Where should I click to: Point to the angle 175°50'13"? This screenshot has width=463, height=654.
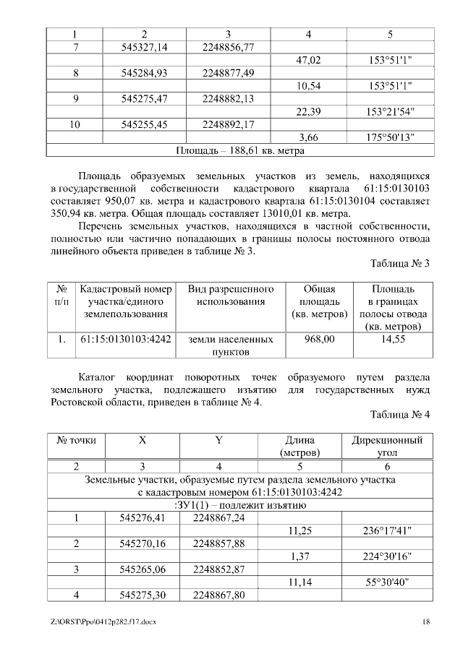pos(391,137)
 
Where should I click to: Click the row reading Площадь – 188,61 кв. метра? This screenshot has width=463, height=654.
pos(240,151)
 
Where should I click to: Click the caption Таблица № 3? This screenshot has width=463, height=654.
pos(400,264)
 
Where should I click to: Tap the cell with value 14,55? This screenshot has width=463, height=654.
pos(391,338)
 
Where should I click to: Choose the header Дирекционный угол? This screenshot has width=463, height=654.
pos(387,446)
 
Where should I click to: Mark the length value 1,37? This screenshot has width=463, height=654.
pos(299,556)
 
